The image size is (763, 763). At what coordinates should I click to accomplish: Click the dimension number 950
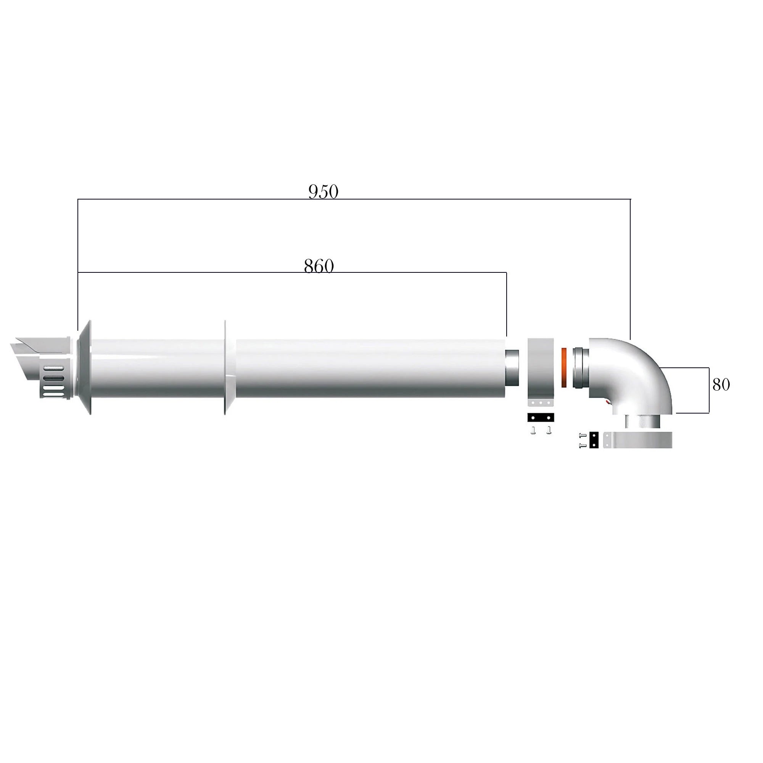323,192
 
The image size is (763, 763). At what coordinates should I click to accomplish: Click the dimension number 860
319,266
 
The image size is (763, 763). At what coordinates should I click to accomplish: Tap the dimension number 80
721,385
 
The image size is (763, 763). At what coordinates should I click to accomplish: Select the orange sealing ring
564,367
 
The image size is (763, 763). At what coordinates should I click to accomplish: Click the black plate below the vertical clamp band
541,417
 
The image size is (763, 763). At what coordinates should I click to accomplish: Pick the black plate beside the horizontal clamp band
594,440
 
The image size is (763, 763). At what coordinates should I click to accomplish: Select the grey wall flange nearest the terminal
85,367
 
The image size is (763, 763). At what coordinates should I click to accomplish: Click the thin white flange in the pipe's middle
225,367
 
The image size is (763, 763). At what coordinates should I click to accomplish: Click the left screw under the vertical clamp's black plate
534,430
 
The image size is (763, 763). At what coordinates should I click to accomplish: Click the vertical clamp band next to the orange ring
541,369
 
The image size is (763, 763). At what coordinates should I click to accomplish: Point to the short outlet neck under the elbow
641,422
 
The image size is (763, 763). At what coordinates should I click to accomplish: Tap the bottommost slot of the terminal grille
53,393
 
